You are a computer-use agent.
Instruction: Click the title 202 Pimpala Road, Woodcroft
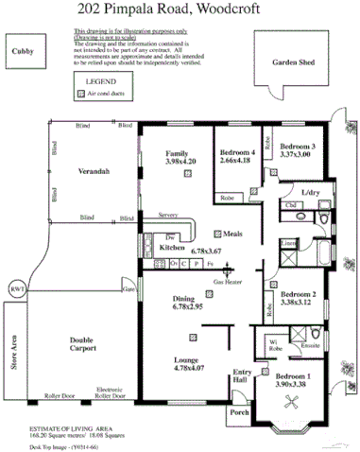[180, 12]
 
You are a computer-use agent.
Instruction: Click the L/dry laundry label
[310, 192]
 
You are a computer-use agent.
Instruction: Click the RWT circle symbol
[16, 288]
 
